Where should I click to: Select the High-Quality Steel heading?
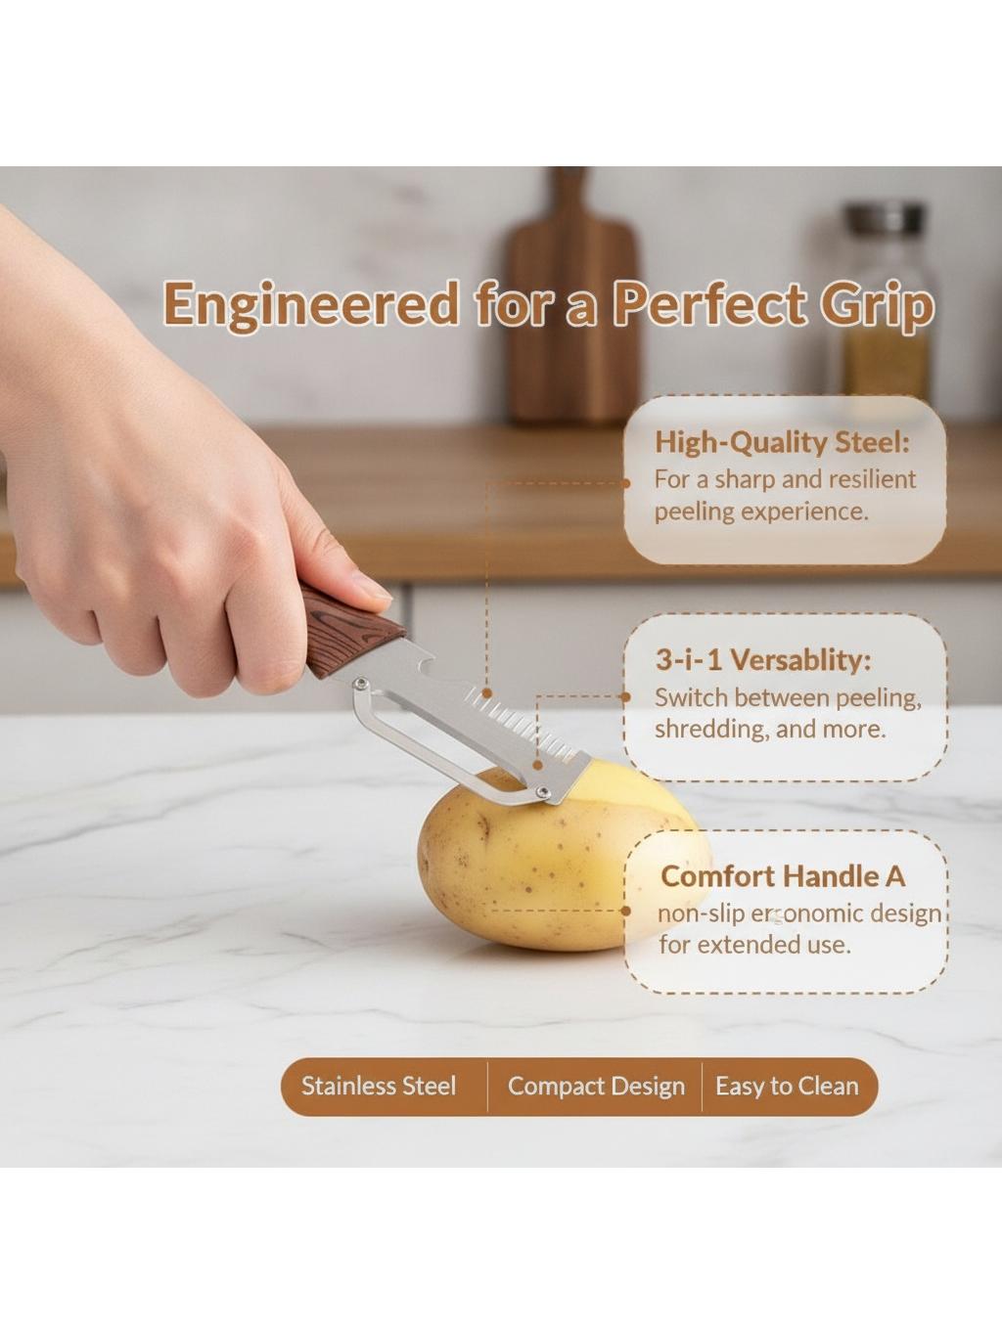(x=782, y=443)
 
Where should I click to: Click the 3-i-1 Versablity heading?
(x=763, y=660)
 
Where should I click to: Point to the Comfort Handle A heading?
(x=783, y=876)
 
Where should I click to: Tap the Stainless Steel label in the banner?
(x=379, y=1087)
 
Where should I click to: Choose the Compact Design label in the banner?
(x=596, y=1087)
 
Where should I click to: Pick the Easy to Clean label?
(x=787, y=1087)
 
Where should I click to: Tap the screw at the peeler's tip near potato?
(x=543, y=791)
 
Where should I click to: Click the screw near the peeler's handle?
(x=362, y=683)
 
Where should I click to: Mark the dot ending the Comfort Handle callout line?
(x=626, y=911)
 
